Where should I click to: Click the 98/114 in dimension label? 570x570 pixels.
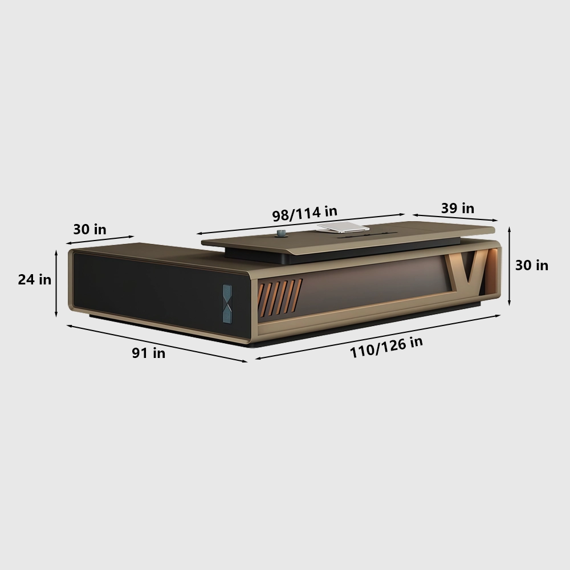[304, 213]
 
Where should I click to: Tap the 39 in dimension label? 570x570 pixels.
[458, 208]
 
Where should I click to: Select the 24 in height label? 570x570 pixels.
[35, 279]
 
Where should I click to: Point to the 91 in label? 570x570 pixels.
[148, 353]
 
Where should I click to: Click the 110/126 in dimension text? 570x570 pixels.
[386, 347]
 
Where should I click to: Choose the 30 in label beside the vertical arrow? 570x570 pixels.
[531, 266]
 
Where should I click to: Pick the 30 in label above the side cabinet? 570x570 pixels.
[90, 229]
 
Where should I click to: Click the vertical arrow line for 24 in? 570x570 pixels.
[56, 283]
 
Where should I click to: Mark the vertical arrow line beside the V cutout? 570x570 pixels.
[509, 266]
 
